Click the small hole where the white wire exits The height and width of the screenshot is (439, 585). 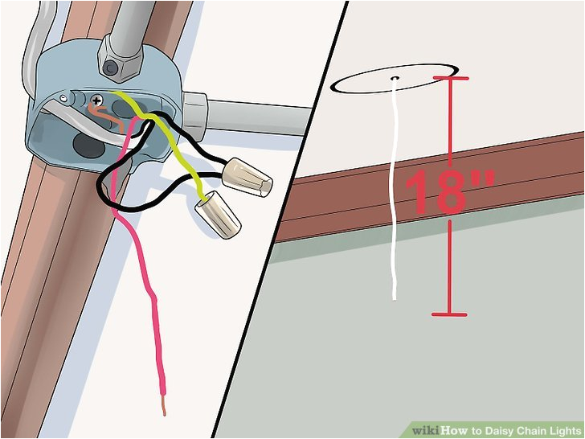click(396, 79)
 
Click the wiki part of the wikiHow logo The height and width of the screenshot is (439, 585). click(422, 430)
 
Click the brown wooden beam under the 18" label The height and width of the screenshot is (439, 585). click(514, 173)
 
